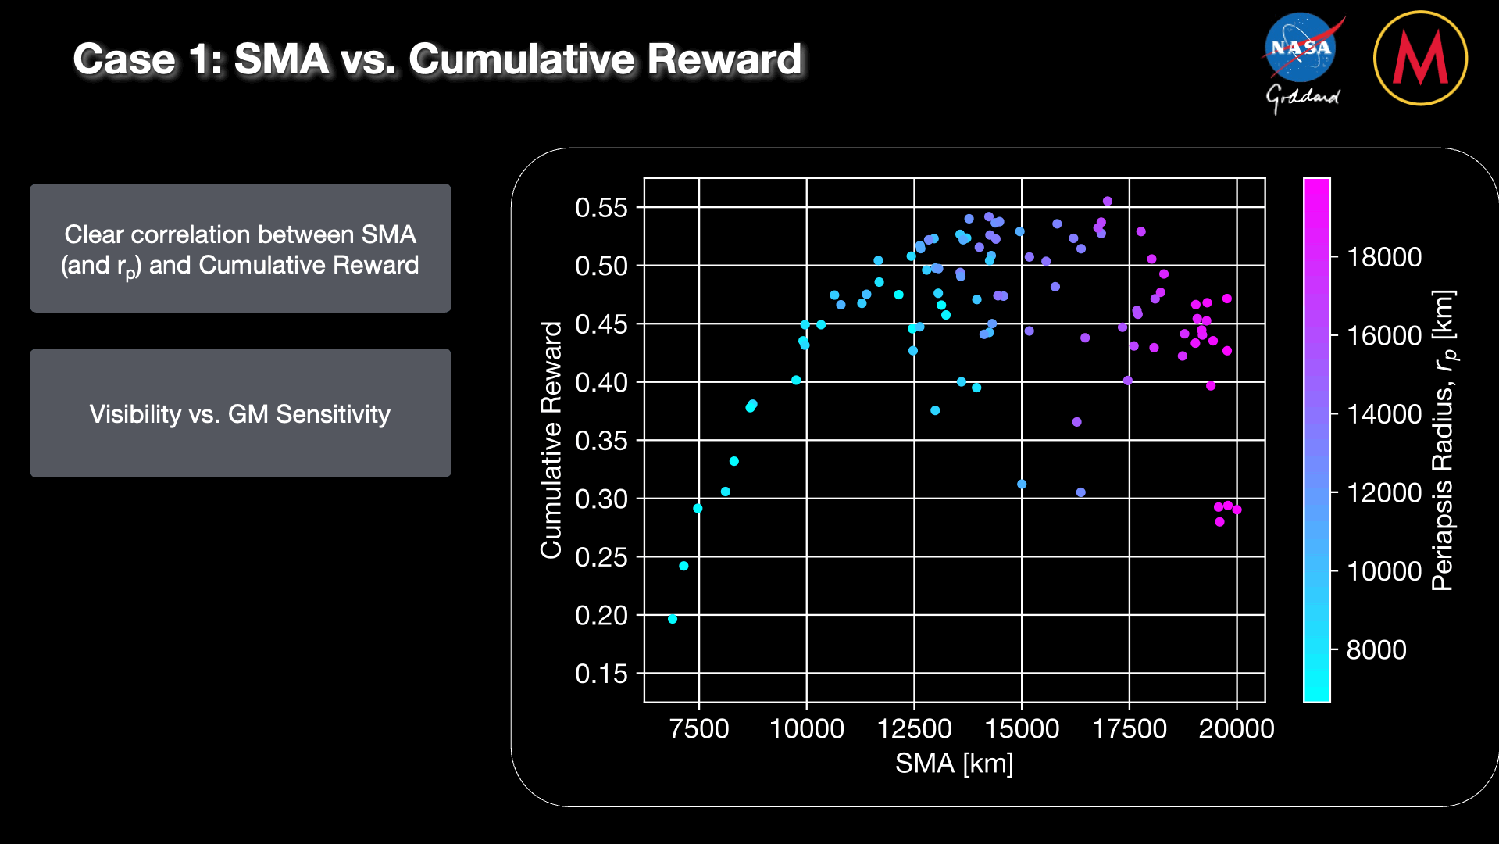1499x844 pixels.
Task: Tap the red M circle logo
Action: click(1420, 58)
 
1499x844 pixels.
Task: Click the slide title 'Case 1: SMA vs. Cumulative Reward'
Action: click(437, 59)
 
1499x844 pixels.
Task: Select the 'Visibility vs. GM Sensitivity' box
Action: click(240, 413)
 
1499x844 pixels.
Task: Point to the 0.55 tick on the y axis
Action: click(601, 208)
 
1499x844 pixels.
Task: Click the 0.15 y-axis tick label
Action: click(601, 674)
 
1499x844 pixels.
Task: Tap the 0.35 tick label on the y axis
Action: click(601, 441)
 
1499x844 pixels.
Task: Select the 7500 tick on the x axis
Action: click(699, 729)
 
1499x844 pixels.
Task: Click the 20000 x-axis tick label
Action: click(1237, 729)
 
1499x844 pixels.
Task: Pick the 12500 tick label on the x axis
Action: click(914, 729)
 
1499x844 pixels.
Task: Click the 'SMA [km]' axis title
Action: click(954, 764)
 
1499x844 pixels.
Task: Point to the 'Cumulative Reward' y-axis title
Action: click(551, 440)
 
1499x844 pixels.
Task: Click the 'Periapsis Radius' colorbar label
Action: click(1443, 440)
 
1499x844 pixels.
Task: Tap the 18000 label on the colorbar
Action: click(1384, 257)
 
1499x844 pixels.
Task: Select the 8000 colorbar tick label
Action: click(1376, 649)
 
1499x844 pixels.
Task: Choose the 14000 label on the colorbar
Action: click(1384, 414)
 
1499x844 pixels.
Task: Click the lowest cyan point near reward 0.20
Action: click(673, 619)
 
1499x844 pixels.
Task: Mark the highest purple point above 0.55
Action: click(1107, 202)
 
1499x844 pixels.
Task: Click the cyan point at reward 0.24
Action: click(683, 566)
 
